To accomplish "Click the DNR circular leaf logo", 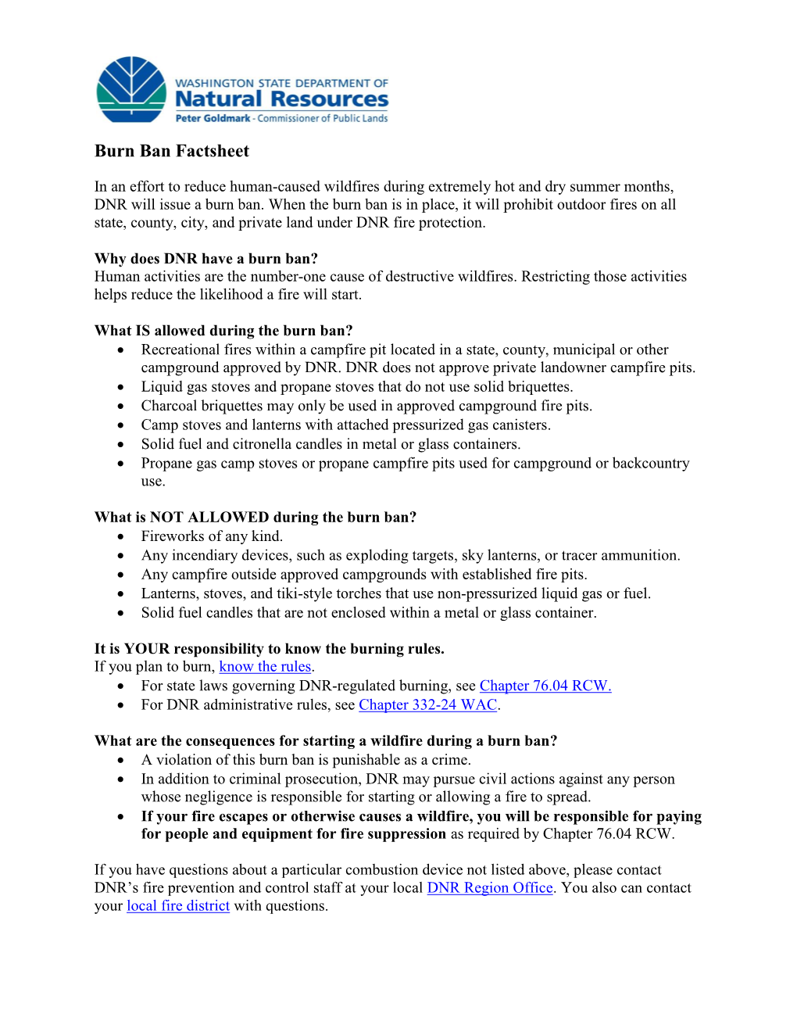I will coord(131,89).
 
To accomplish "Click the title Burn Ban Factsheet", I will coord(172,151).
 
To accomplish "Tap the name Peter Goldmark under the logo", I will coord(213,119).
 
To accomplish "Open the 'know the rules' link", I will coord(265,667).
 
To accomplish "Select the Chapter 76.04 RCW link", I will coord(545,686).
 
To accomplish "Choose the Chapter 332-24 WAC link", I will coord(427,705).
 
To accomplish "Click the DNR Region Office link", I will coord(490,888).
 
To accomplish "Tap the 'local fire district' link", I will coord(178,906).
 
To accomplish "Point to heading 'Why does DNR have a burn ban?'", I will coord(206,259).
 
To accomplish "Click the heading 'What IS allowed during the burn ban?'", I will coord(223,331).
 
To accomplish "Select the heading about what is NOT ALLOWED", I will coord(256,518).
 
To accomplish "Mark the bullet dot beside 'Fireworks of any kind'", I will coord(121,537).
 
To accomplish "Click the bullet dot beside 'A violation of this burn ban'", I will coord(121,761).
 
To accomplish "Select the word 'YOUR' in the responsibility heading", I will coord(147,649).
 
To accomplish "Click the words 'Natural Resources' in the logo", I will coord(281,99).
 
